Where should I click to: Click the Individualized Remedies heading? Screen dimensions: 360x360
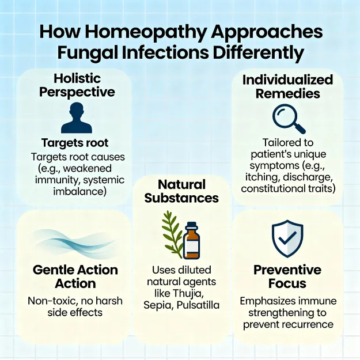click(x=287, y=86)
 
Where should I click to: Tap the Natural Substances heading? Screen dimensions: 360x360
click(x=181, y=191)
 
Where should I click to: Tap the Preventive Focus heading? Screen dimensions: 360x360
click(x=287, y=276)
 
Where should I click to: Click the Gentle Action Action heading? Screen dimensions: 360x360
click(x=75, y=276)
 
